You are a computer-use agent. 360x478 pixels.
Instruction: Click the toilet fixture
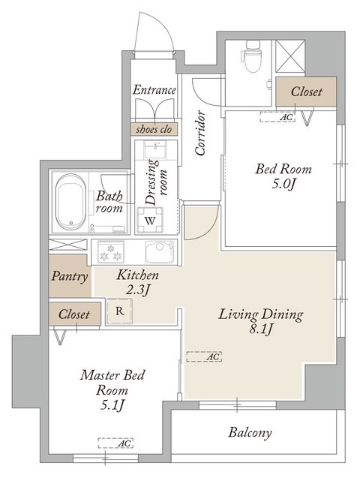(x=252, y=56)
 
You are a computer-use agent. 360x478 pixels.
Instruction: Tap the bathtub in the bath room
(x=71, y=202)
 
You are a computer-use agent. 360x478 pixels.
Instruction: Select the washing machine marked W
(x=150, y=220)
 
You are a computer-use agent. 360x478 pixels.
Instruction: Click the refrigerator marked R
(x=120, y=311)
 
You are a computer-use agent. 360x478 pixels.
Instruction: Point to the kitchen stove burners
(x=111, y=252)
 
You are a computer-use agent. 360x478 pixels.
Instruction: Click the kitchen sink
(x=160, y=252)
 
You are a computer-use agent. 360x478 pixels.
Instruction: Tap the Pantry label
(x=70, y=276)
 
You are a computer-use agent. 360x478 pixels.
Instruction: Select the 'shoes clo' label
(x=154, y=129)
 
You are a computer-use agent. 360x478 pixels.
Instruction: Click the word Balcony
(x=250, y=433)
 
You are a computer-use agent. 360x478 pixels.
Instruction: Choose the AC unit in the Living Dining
(x=204, y=356)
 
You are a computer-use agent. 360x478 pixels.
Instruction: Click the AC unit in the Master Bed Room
(x=115, y=443)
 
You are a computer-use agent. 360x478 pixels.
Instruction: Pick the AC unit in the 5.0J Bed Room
(x=277, y=117)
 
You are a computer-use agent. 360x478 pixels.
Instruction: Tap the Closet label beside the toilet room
(x=306, y=92)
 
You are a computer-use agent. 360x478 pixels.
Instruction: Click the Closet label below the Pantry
(x=74, y=314)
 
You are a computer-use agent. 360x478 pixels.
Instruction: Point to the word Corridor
(x=200, y=133)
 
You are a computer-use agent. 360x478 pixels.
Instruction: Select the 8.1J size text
(x=261, y=329)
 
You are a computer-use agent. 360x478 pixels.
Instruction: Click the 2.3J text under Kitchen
(x=137, y=290)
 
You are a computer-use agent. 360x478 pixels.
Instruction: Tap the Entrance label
(x=154, y=90)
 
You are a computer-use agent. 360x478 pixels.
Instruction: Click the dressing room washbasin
(x=155, y=150)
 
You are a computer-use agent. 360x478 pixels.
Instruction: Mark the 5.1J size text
(x=112, y=405)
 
